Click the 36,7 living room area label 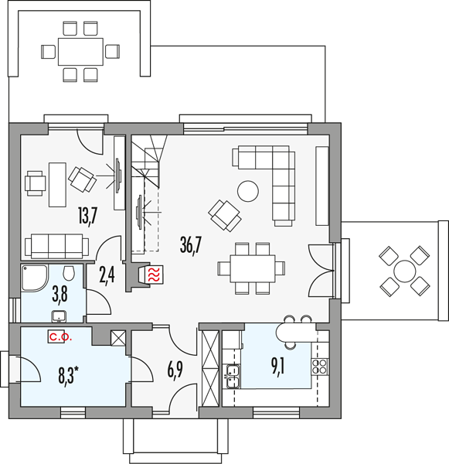point(190,245)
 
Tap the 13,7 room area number point(88,217)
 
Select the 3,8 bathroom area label point(60,295)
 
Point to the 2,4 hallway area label point(107,275)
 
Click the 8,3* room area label point(68,374)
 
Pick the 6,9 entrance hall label point(175,370)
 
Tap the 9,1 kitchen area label point(277,367)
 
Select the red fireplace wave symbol point(155,275)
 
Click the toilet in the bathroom point(69,272)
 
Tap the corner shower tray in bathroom point(34,278)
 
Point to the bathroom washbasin point(59,316)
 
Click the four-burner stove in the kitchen point(319,367)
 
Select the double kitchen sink point(233,376)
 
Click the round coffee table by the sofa point(248,191)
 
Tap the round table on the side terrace point(405,271)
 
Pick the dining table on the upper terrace point(80,52)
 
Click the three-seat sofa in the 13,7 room point(56,246)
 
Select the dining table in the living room point(253,268)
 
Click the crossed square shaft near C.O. point(118,338)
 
